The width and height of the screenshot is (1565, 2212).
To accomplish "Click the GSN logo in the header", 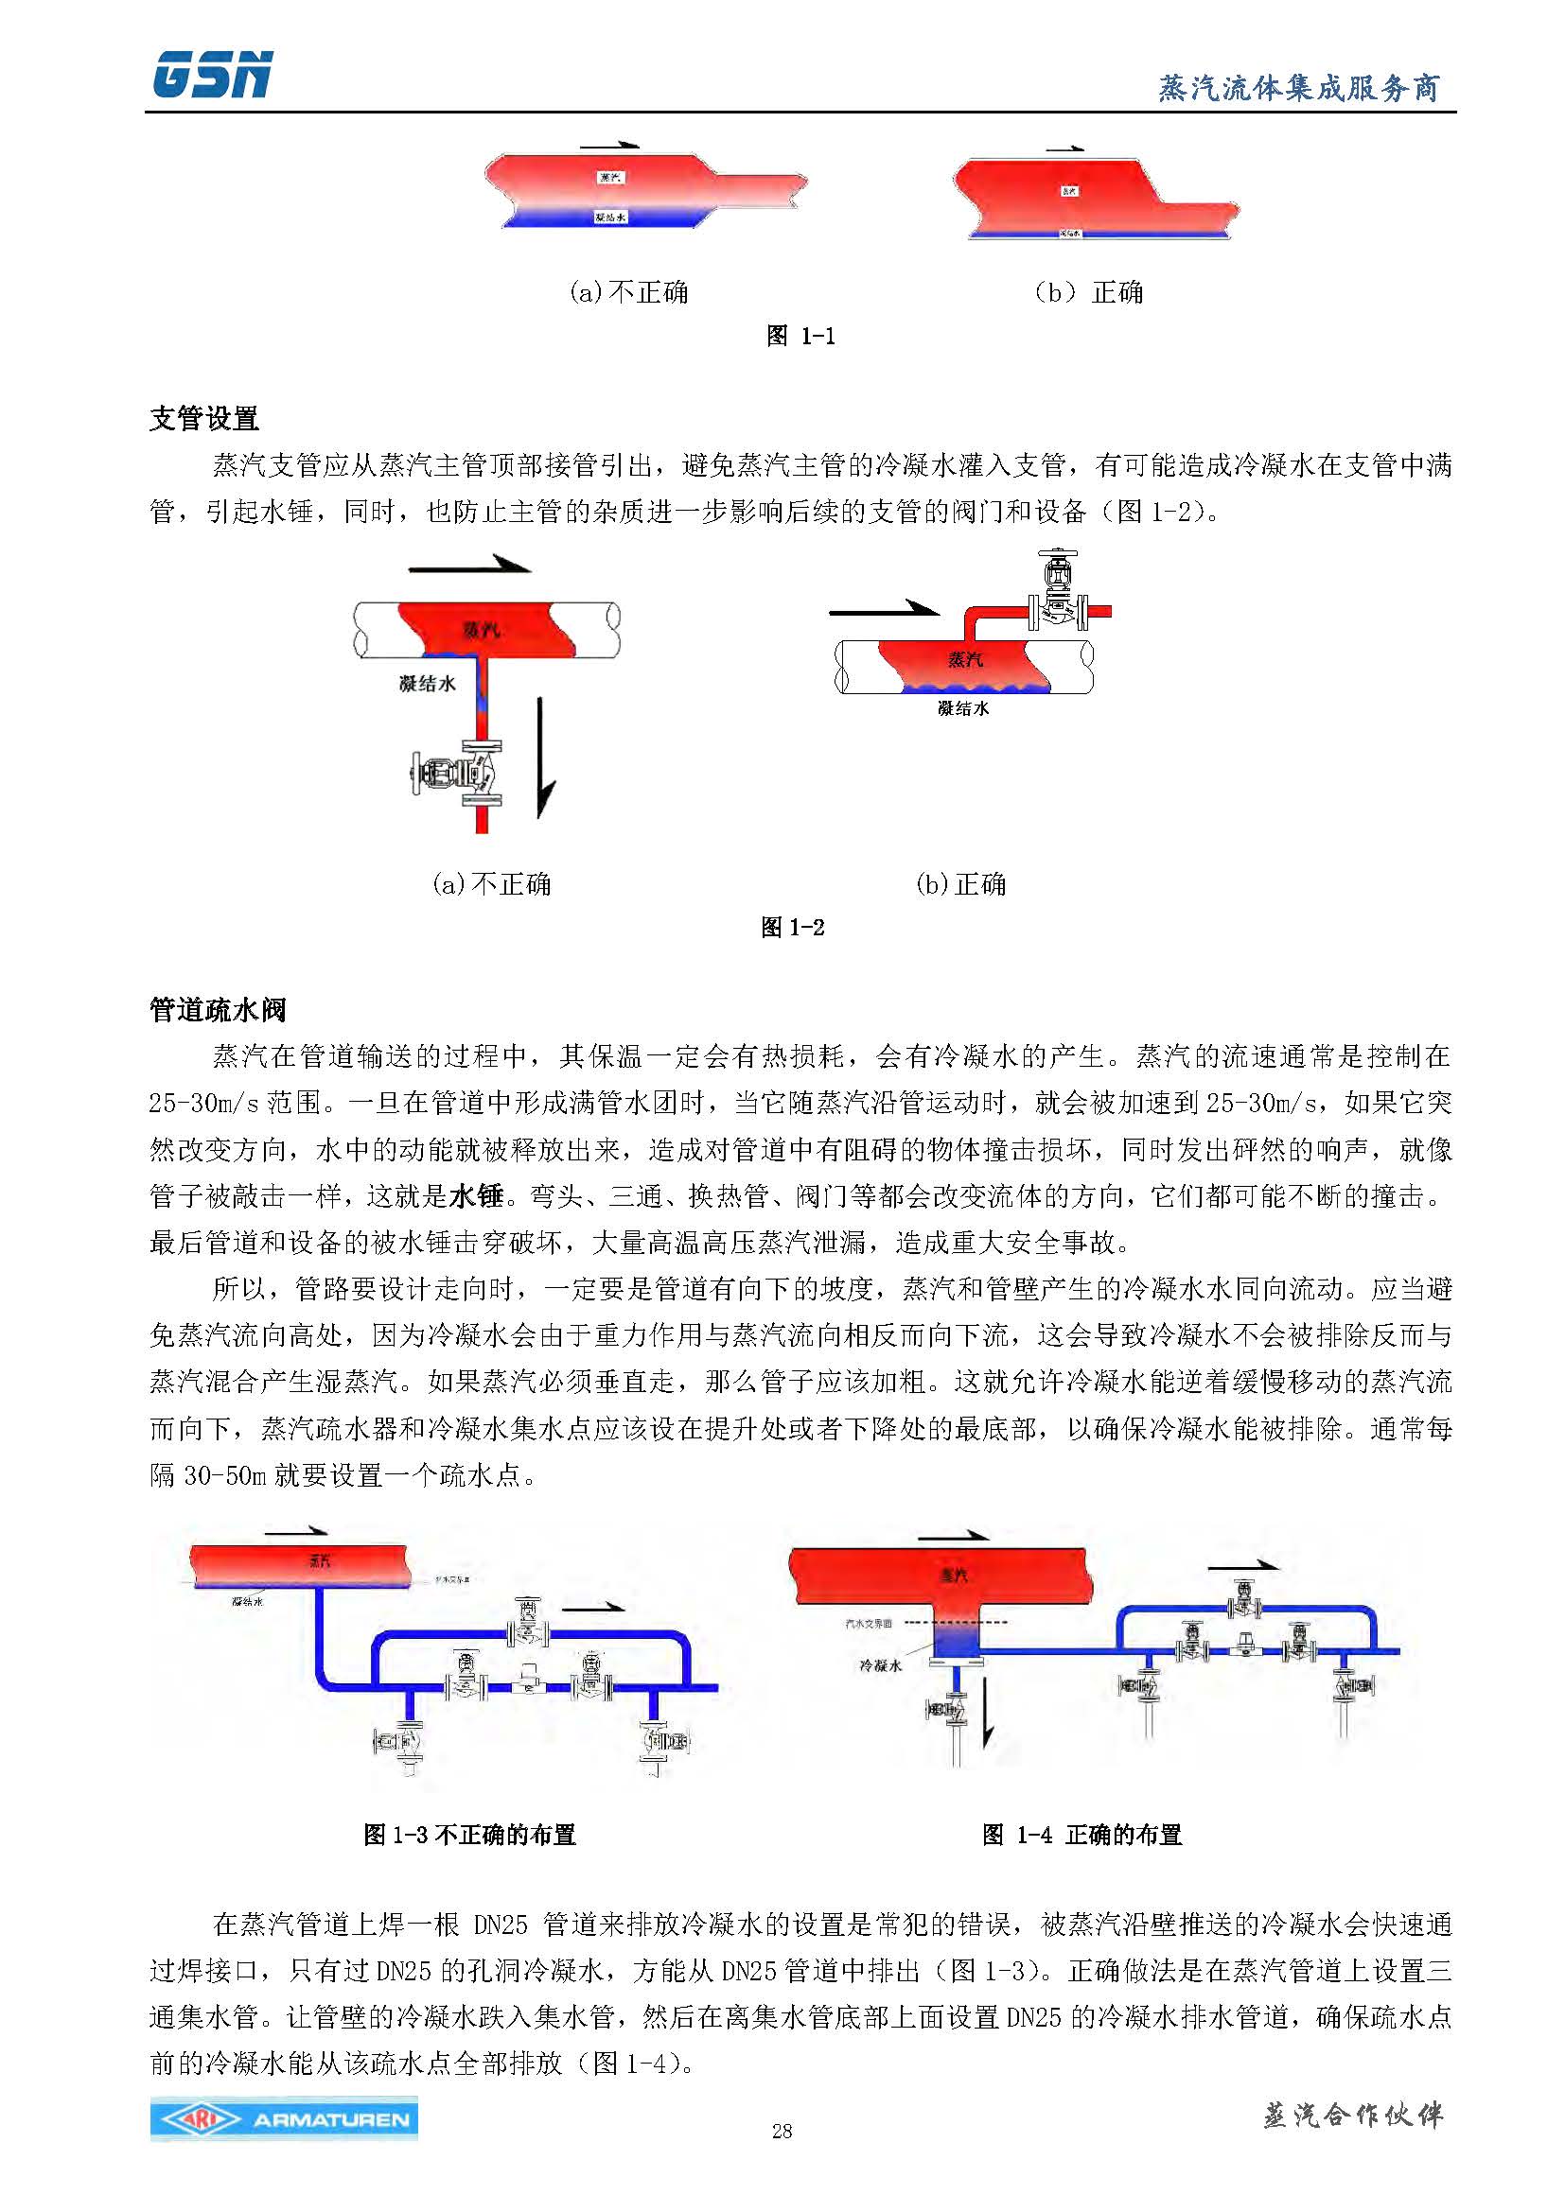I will tap(212, 74).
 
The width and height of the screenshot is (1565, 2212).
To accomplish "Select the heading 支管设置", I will tap(204, 418).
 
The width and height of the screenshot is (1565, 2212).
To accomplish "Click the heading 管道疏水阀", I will tap(218, 1010).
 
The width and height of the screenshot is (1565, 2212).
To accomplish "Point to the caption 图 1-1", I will tap(800, 336).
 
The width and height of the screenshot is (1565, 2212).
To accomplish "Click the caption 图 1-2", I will tap(792, 927).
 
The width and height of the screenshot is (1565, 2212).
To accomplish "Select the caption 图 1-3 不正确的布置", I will tap(469, 1835).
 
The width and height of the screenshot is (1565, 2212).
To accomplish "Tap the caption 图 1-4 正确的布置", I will tap(1081, 1835).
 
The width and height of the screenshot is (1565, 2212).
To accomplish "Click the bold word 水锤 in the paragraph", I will tap(477, 1195).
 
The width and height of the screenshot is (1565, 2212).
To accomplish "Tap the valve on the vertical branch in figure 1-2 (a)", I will tap(458, 772).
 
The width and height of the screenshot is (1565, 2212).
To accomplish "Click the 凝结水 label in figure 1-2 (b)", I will tap(962, 708).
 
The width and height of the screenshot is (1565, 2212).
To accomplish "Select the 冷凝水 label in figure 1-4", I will tap(880, 1664).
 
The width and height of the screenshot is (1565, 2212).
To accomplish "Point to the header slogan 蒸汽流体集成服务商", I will tap(1297, 89).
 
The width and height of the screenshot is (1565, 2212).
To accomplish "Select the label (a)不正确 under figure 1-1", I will tap(628, 291).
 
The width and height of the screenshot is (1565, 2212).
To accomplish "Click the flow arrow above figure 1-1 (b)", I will tap(1064, 149).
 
